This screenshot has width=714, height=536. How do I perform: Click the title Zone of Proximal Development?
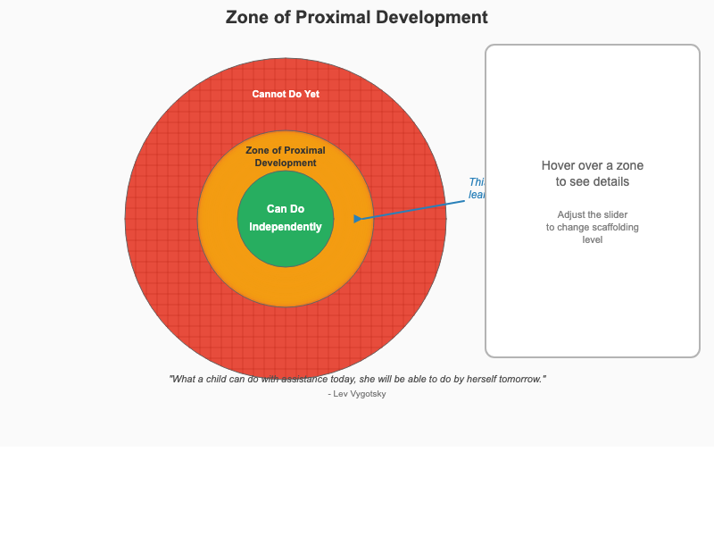pyautogui.click(x=356, y=18)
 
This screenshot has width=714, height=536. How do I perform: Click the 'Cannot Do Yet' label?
pyautogui.click(x=286, y=94)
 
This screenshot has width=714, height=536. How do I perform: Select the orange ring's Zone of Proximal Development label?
pyautogui.click(x=286, y=156)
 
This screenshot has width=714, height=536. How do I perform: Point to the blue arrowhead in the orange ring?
pyautogui.click(x=358, y=218)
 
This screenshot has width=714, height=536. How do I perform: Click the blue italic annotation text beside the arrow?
pyautogui.click(x=477, y=188)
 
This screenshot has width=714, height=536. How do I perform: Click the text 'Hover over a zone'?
pyautogui.click(x=592, y=165)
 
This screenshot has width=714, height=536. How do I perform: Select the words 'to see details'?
pyautogui.click(x=592, y=181)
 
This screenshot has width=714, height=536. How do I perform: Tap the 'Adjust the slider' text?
pyautogui.click(x=592, y=214)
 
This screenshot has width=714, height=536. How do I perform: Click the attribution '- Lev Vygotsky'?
pyautogui.click(x=357, y=393)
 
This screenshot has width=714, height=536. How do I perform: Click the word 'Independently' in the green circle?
pyautogui.click(x=286, y=227)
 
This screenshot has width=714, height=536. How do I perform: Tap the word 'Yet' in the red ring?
pyautogui.click(x=311, y=94)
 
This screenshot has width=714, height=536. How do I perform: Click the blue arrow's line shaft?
pyautogui.click(x=411, y=209)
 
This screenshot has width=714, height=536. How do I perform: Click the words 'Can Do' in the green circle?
pyautogui.click(x=286, y=209)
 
